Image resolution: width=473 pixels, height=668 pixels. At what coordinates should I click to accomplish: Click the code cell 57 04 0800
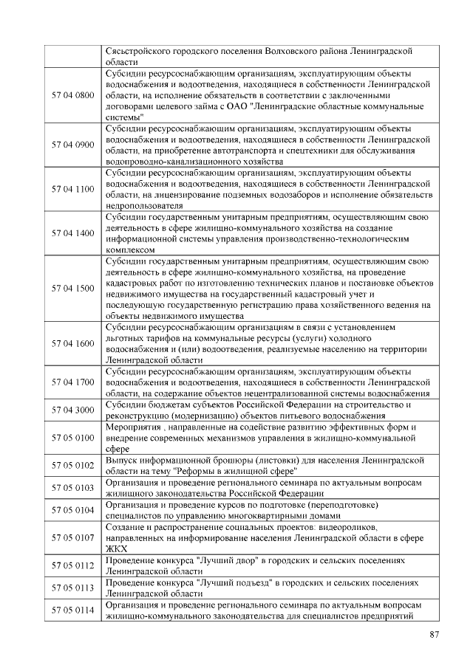(73, 96)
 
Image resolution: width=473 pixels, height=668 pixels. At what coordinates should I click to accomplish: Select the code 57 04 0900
(73, 145)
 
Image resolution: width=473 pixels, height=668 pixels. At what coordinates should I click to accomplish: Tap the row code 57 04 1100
(73, 189)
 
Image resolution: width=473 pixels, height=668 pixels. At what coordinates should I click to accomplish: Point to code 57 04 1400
(73, 233)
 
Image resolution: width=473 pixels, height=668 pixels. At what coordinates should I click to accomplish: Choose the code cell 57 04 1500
(73, 288)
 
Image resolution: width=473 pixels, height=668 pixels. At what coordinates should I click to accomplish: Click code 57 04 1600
(73, 343)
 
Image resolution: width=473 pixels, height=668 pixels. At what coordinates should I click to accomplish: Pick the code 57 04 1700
(73, 382)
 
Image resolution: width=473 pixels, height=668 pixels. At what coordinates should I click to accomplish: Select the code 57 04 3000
(73, 410)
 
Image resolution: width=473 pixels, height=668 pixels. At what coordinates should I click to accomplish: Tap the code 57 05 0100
(73, 438)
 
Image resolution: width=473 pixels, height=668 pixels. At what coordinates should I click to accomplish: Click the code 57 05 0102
(73, 465)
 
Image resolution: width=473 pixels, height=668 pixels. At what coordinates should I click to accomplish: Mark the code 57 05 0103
(73, 487)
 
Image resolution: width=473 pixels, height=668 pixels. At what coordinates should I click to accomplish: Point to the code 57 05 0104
(73, 510)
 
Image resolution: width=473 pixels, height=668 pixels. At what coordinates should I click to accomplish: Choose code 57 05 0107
(73, 537)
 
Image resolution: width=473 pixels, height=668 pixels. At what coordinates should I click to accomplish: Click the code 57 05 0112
(73, 565)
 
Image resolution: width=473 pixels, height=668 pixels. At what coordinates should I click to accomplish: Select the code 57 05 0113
(73, 588)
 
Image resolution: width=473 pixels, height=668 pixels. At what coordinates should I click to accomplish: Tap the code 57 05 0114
(73, 610)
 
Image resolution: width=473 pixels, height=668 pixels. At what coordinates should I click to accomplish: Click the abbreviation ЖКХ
(116, 549)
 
